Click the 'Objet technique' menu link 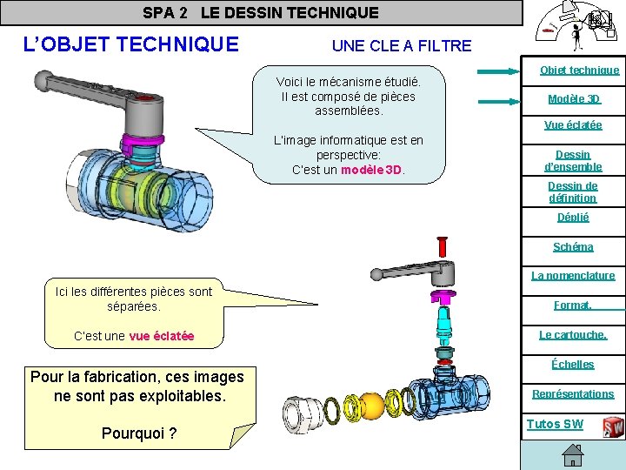pos(579,70)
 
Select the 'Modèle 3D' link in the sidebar pos(574,98)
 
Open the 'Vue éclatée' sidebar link pos(573,124)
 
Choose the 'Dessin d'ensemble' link pos(573,160)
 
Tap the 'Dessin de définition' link pos(573,191)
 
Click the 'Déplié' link pos(573,217)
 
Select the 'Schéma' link pos(573,246)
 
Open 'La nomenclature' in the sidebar pos(573,275)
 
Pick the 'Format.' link pos(573,305)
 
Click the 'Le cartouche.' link pos(573,334)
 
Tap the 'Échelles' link pos(573,364)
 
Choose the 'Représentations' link pos(573,393)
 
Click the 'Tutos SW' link pos(555,424)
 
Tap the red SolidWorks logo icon pos(614,426)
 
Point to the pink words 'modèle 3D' pos(371,170)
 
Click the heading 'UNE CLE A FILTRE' pos(402,45)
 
